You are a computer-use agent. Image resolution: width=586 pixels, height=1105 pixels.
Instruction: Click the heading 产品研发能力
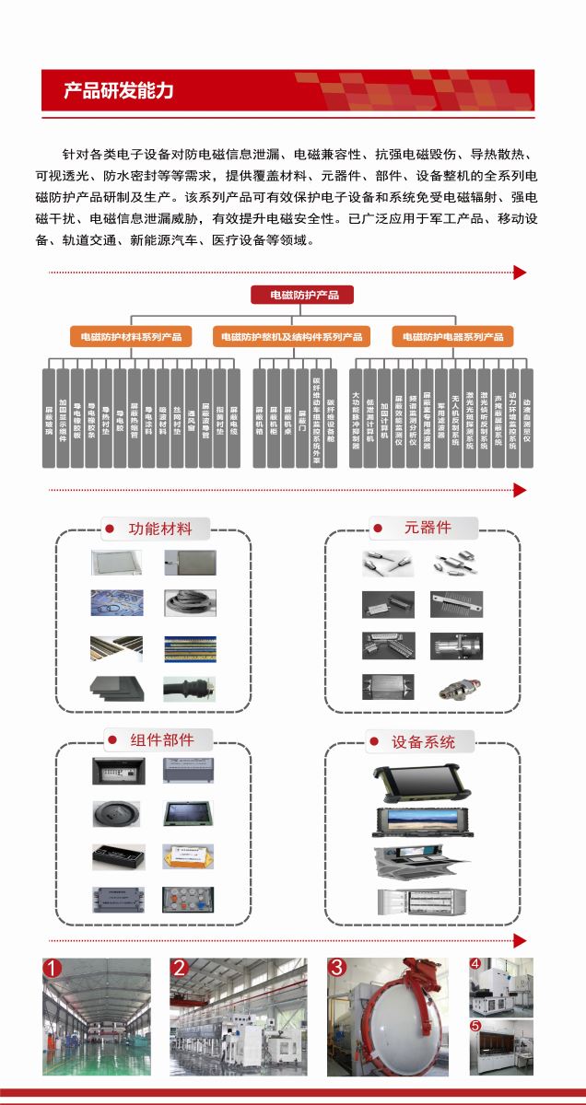click(119, 90)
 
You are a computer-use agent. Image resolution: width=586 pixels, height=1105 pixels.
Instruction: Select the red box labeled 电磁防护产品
click(302, 295)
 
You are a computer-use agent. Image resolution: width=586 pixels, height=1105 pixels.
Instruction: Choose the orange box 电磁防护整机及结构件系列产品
click(291, 337)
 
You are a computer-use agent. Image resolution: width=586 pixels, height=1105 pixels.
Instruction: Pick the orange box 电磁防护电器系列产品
click(453, 337)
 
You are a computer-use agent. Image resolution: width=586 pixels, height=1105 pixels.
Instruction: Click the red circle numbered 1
click(53, 968)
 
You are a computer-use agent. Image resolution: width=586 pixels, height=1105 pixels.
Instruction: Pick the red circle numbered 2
click(180, 968)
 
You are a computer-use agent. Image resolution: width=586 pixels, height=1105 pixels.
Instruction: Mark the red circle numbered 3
click(337, 968)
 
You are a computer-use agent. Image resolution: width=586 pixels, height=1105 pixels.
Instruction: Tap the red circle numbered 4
click(475, 964)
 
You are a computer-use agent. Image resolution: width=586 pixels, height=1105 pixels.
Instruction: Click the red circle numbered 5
click(475, 1025)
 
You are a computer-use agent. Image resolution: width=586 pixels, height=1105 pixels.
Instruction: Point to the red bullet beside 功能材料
click(109, 529)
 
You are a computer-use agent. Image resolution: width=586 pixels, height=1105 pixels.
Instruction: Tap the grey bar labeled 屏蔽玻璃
click(49, 418)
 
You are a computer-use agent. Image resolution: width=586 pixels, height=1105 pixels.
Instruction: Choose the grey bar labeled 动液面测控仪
click(527, 418)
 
